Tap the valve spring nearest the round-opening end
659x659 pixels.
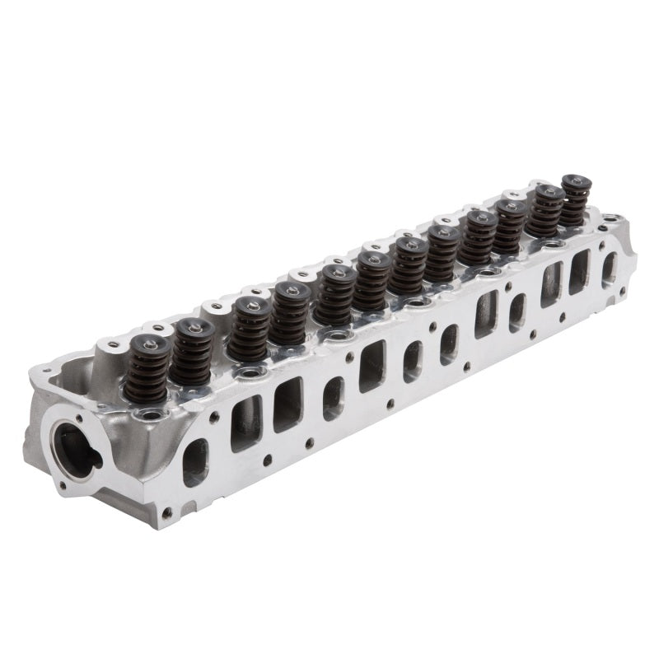click(148, 371)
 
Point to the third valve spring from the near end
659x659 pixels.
click(250, 329)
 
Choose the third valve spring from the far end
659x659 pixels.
click(511, 222)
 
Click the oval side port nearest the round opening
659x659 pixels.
click(195, 460)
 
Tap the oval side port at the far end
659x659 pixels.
click(609, 267)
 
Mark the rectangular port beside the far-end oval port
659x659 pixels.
click(579, 271)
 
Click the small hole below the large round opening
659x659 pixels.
click(63, 493)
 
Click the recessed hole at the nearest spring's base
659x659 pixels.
click(150, 414)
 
